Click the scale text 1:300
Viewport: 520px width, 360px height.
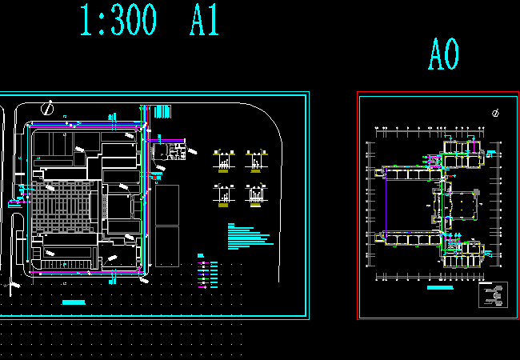coord(118,20)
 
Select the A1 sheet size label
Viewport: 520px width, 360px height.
coord(204,20)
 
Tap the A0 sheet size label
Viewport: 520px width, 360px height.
coord(443,55)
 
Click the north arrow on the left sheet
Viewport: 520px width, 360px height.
coord(48,106)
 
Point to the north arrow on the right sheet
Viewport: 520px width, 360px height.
coord(496,113)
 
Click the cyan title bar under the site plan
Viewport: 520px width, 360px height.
coord(74,302)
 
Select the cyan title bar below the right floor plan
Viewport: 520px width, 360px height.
coord(440,286)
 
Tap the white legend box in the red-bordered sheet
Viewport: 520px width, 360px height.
coord(493,294)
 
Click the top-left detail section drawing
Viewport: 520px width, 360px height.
coord(223,159)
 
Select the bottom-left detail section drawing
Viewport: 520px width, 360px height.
coord(223,194)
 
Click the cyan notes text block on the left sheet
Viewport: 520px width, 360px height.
coord(248,234)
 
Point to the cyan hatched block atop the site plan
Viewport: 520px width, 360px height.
coord(163,110)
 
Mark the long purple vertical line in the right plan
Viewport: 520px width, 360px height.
coord(386,203)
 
